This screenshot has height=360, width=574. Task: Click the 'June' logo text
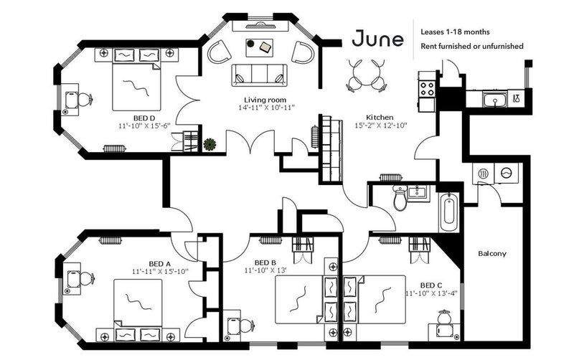coord(378,39)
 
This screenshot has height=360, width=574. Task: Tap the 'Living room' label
coord(265,100)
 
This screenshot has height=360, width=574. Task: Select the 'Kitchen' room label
coord(380,118)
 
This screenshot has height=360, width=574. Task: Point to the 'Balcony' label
coord(492,254)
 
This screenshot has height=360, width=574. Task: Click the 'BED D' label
coord(144,118)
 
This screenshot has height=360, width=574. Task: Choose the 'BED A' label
coord(160,264)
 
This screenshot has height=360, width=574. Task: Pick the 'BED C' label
coord(431,285)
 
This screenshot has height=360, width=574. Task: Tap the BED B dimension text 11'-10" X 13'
coord(265,271)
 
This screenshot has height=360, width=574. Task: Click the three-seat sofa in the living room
coord(259,75)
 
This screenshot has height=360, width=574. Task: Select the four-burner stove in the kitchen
coord(427,88)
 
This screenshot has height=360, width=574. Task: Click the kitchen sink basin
coord(494,99)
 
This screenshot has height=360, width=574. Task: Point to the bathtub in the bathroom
coord(448,212)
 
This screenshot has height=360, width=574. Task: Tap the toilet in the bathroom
coord(400,198)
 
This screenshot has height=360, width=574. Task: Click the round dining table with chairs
coord(366,75)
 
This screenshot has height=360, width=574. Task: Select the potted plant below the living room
coord(210,144)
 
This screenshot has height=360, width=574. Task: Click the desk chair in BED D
coord(85,100)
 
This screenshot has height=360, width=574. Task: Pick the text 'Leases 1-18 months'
coord(455,32)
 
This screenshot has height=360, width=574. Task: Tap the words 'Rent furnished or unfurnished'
coord(472,46)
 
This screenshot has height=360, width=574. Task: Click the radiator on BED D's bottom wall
coord(115,148)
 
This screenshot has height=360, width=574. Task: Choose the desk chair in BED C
coord(444,317)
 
